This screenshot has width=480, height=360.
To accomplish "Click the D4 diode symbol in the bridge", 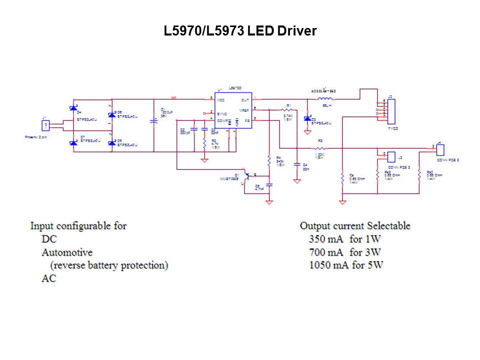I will tap(73, 108).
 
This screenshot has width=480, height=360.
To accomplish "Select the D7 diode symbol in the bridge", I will tap(73, 143).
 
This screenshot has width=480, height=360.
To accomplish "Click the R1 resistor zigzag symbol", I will tap(286, 109).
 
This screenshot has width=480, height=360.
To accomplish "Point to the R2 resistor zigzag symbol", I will tap(320, 148).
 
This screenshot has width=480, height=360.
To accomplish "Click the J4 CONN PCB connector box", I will tap(440, 149).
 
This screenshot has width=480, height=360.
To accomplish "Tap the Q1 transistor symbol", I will tap(248, 176).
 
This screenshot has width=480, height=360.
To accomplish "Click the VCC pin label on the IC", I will tap(220, 100).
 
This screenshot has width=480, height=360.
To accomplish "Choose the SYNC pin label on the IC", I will tap(222, 113).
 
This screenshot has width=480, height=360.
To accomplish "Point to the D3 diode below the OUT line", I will tap(307, 118).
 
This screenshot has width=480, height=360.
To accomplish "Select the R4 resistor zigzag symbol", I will tap(269, 160).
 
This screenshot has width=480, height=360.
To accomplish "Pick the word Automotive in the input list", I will tap(67, 252).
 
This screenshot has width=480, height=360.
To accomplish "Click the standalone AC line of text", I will tap(49, 278).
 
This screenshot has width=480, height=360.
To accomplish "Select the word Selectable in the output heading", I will tap(388, 225).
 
